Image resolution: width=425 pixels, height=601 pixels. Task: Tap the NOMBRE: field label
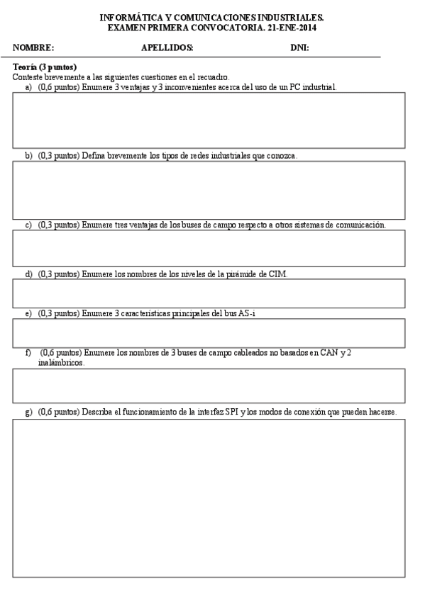click(x=33, y=48)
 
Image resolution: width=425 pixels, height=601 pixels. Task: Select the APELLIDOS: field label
click(x=167, y=48)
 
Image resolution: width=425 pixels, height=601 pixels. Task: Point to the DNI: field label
click(x=299, y=48)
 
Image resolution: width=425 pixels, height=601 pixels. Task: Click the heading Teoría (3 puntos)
click(x=45, y=67)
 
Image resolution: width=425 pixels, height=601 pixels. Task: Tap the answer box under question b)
click(x=209, y=190)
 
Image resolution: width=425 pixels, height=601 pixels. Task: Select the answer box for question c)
click(x=209, y=248)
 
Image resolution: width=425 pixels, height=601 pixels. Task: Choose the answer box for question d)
click(x=209, y=293)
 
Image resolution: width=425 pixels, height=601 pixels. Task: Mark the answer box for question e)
click(x=209, y=333)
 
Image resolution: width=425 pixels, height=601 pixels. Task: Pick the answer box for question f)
click(x=209, y=386)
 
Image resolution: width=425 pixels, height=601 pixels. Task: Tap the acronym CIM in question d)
click(x=279, y=274)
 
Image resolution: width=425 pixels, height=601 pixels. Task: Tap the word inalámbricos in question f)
click(x=61, y=362)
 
